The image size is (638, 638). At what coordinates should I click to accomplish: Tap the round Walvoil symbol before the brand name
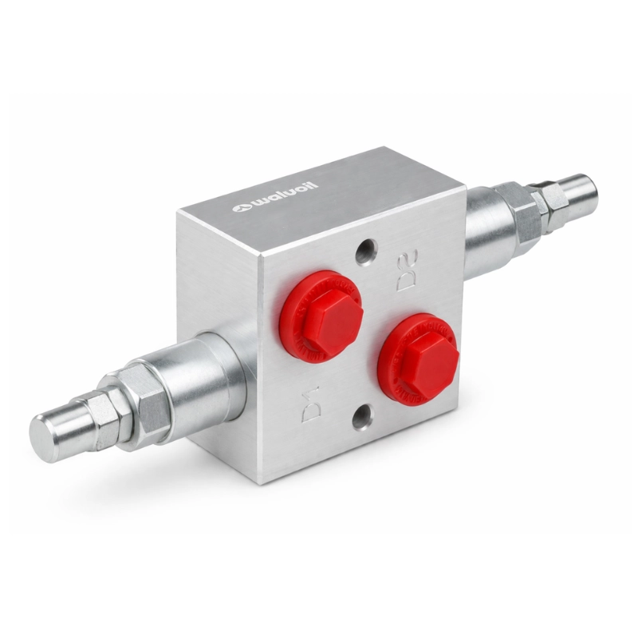click(240, 209)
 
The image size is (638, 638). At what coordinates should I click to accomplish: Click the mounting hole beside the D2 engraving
click(366, 253)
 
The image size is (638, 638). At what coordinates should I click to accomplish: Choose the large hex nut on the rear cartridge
click(519, 213)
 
